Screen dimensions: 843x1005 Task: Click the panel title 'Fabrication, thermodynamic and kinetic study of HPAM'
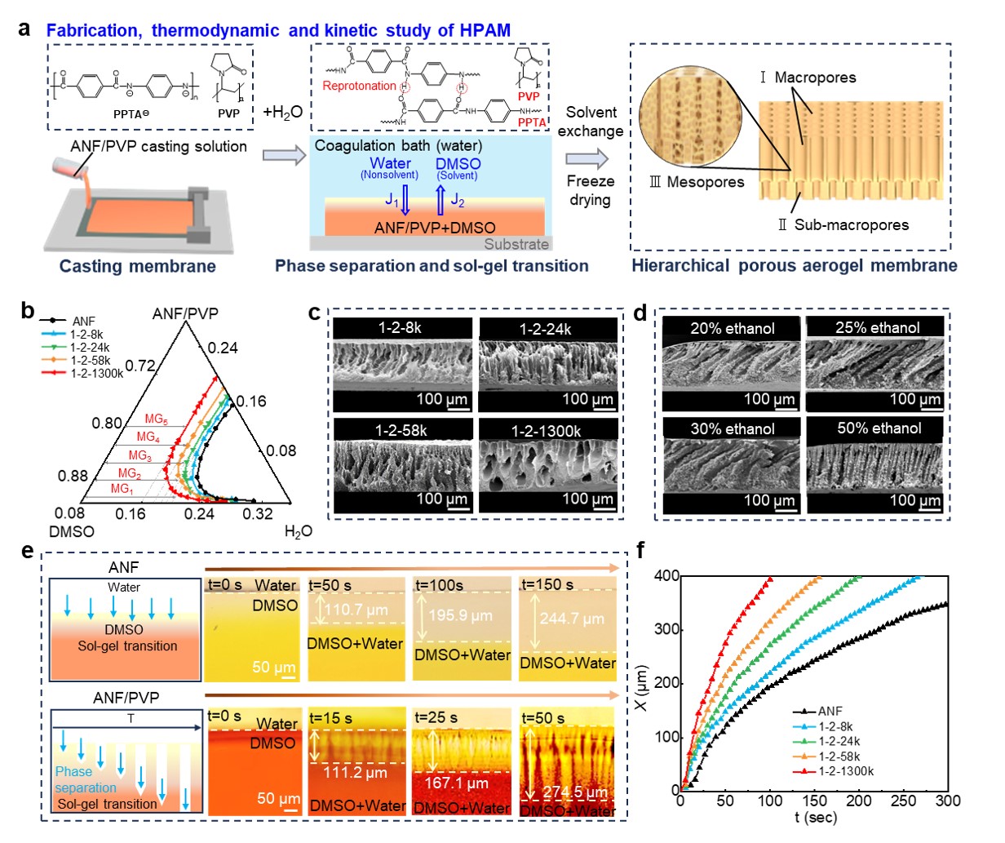click(x=278, y=30)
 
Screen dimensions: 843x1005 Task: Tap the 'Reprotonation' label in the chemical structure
click(x=359, y=86)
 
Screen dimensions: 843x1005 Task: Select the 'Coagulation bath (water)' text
click(x=398, y=146)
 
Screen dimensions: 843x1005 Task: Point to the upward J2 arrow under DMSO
click(x=441, y=199)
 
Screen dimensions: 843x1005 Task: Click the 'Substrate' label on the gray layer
click(x=516, y=244)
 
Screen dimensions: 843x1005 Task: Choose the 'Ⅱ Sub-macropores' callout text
click(x=843, y=224)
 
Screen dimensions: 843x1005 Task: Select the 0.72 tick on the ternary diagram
click(x=140, y=365)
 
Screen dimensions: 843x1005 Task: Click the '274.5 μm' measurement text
click(x=576, y=792)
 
